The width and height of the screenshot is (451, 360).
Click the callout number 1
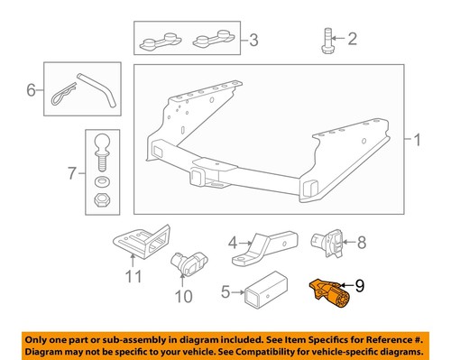tap(418, 140)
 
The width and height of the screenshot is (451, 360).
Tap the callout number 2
tap(353, 38)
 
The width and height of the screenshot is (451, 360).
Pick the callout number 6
tap(31, 90)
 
